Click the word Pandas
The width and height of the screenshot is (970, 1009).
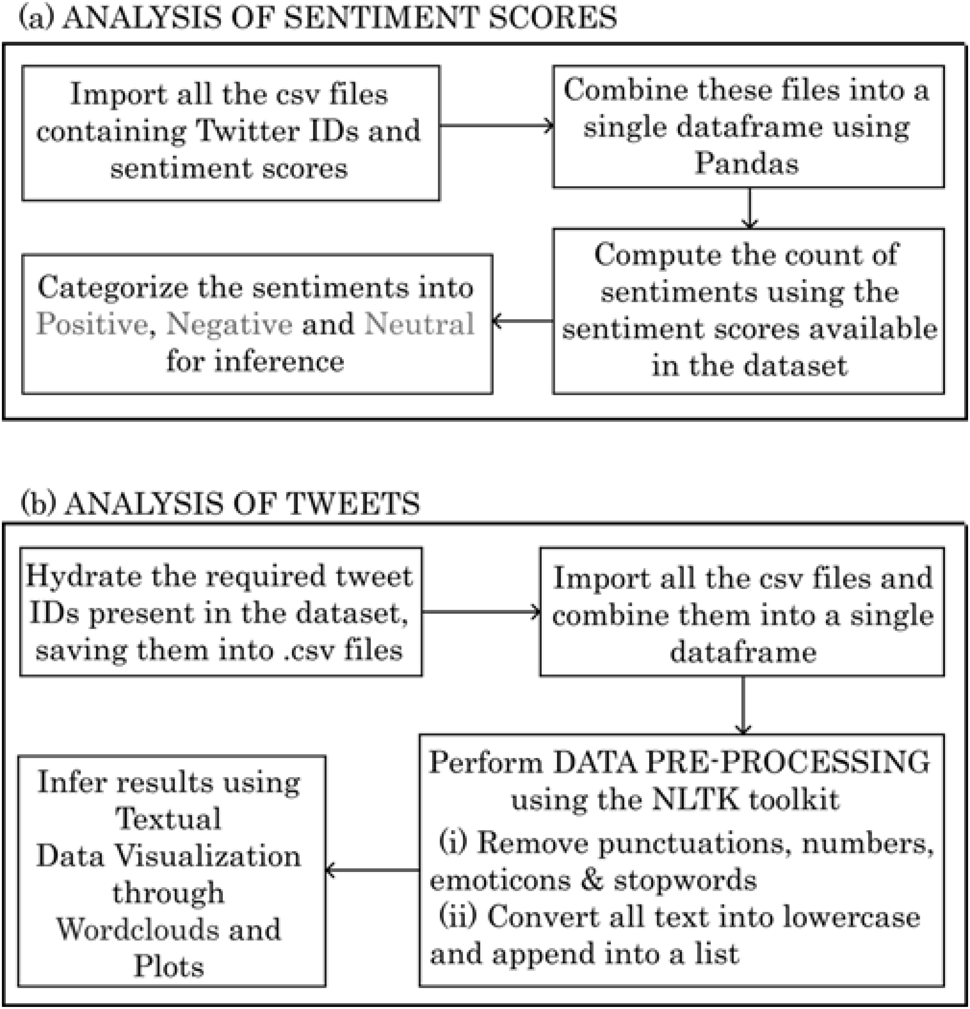click(747, 164)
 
